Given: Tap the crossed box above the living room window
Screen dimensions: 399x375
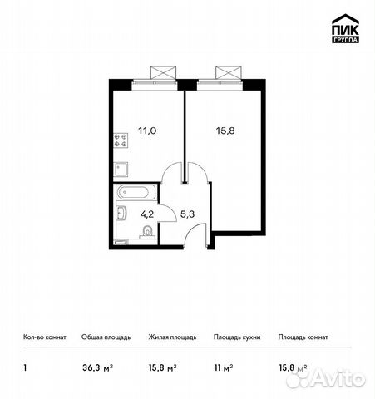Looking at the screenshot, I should tap(228, 72).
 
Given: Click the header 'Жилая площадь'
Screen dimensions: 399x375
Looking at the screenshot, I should tap(172, 337).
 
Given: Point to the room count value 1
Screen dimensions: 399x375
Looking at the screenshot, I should tap(23, 364).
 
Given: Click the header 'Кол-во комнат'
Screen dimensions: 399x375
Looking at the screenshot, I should tap(43, 337).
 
